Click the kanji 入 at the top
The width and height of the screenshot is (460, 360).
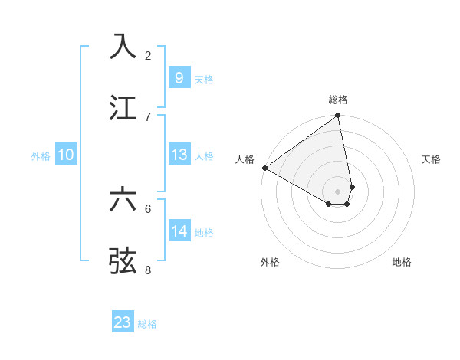coord(123,46)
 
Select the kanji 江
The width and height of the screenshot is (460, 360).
coord(123,107)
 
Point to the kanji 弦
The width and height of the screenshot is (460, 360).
coord(123,260)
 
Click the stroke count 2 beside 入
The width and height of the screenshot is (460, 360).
coord(148,55)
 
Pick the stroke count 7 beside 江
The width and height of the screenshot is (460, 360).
coord(148,116)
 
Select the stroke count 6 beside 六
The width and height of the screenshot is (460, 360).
coord(148,208)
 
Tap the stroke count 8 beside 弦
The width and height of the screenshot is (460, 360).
coord(148,270)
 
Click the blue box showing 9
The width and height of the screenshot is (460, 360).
coord(179,77)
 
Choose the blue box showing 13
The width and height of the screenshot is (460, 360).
coord(179,155)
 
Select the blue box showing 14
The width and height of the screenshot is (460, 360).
coord(179,231)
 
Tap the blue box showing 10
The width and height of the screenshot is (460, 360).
coord(66,155)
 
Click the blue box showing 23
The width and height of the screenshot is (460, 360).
coord(123,322)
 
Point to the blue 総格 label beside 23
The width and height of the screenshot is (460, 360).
coord(147,324)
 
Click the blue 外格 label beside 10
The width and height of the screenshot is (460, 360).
coord(41,156)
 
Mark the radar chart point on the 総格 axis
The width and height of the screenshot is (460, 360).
coord(337,116)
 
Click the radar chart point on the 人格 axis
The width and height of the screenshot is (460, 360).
coord(264,168)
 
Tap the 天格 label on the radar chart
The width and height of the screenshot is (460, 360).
coord(432,159)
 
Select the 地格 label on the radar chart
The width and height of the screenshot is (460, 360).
coord(402,262)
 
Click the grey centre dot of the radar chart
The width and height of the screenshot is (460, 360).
coord(337,191)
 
